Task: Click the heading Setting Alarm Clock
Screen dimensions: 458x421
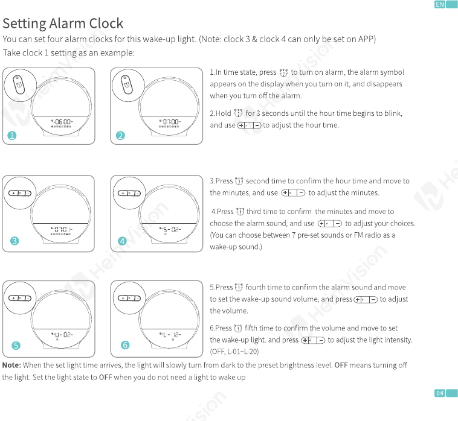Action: click(63, 24)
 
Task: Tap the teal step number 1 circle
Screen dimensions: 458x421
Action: click(12, 136)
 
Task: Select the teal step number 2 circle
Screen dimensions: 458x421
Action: click(120, 136)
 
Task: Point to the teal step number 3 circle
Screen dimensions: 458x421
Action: click(15, 241)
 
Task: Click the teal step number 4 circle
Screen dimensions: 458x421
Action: click(123, 241)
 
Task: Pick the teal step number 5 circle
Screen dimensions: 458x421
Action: click(16, 346)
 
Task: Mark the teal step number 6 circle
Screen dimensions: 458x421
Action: click(125, 345)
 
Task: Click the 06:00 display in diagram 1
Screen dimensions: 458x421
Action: click(62, 122)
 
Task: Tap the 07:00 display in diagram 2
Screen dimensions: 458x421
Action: click(170, 122)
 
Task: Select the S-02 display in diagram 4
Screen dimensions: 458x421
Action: click(170, 229)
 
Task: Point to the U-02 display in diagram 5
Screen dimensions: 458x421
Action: click(62, 335)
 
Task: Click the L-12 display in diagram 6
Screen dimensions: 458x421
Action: click(170, 335)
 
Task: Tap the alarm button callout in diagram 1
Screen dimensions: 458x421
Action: click(20, 86)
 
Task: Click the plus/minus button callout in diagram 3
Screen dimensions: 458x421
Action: click(20, 193)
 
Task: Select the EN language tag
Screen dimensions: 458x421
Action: click(440, 4)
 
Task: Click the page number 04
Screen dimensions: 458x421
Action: click(440, 393)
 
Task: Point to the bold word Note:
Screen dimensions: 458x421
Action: click(11, 366)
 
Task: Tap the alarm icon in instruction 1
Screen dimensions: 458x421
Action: click(283, 72)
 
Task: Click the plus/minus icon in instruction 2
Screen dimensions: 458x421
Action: click(249, 125)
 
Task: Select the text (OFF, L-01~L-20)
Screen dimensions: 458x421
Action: click(234, 352)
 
